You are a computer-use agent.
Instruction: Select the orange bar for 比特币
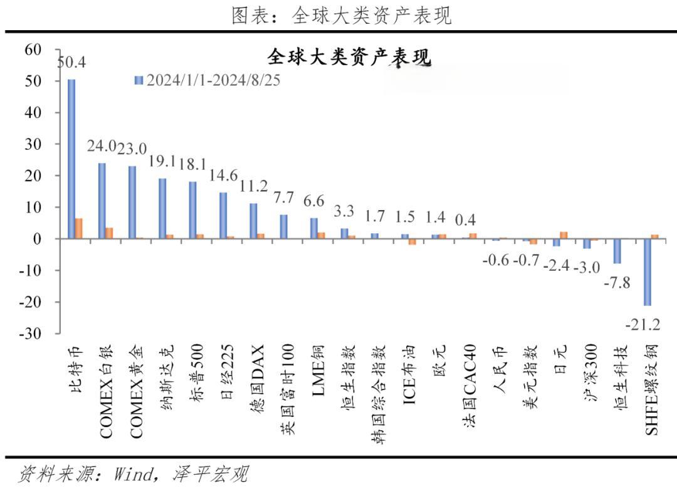[x=78, y=228]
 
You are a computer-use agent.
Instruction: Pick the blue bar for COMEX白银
[x=102, y=201]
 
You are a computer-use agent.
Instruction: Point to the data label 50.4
[x=71, y=63]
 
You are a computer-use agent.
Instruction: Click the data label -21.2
[x=642, y=324]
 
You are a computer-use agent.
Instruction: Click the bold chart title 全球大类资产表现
[x=349, y=57]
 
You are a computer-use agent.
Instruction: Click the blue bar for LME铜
[x=314, y=228]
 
